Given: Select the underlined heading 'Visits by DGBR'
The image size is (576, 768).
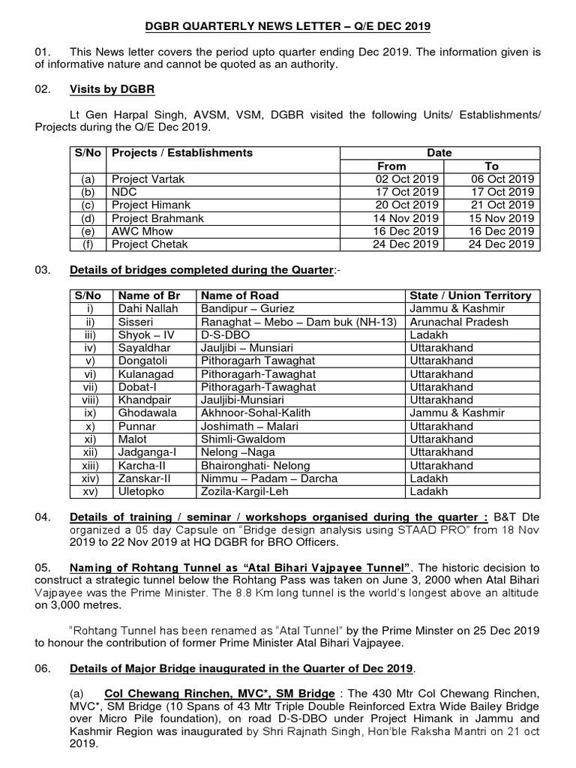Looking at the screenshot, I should (112, 90).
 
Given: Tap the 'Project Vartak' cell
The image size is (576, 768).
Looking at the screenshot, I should (148, 178).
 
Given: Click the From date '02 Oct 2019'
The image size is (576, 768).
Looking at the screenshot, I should (407, 178).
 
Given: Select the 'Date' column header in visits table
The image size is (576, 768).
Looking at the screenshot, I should (439, 152).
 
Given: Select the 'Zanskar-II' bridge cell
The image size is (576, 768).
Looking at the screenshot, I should (145, 478).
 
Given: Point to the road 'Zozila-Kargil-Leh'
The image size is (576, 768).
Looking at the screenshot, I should (247, 492).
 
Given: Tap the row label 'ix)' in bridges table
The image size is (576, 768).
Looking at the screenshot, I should (90, 413).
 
